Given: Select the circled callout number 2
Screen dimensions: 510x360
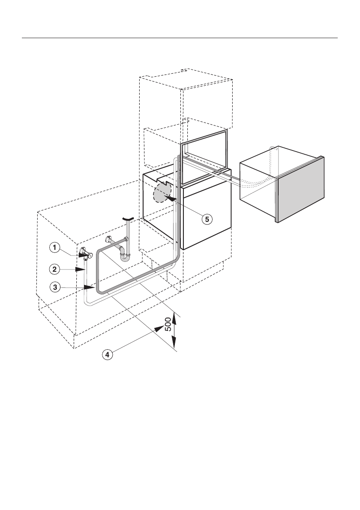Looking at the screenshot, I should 54,269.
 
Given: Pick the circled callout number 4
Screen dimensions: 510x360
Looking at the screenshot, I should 108,354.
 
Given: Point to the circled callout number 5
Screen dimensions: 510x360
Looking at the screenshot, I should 207,219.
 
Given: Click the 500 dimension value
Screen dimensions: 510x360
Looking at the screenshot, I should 168,327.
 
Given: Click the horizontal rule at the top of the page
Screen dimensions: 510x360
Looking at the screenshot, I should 180,38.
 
